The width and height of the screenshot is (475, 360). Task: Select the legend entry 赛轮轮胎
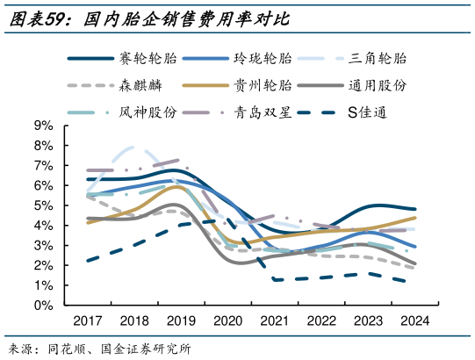[147, 59]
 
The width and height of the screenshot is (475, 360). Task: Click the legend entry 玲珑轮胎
[262, 59]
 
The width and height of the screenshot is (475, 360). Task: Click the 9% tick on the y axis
[45, 126]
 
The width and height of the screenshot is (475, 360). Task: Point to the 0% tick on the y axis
[45, 306]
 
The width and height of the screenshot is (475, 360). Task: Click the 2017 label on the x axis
[87, 321]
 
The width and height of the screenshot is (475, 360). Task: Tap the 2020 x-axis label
[227, 321]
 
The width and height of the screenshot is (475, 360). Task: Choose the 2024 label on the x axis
[414, 321]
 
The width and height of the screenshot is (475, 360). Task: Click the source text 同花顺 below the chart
[65, 349]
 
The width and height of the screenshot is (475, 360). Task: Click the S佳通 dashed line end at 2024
[414, 282]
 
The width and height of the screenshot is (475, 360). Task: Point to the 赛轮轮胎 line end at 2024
[415, 209]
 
